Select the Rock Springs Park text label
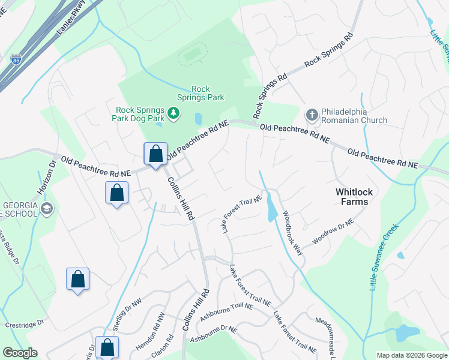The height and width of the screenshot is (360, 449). tap(200, 93)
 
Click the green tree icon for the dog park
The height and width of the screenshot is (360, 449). tap(173, 113)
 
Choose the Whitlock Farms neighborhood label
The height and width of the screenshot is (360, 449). tap(360, 197)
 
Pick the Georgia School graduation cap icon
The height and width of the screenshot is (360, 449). tap(47, 208)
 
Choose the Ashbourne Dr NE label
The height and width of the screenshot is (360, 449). tap(214, 334)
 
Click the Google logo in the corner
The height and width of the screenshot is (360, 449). tap(20, 353)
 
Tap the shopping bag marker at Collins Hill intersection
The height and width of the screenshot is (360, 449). tap(155, 154)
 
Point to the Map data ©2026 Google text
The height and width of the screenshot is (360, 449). tap(411, 355)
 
